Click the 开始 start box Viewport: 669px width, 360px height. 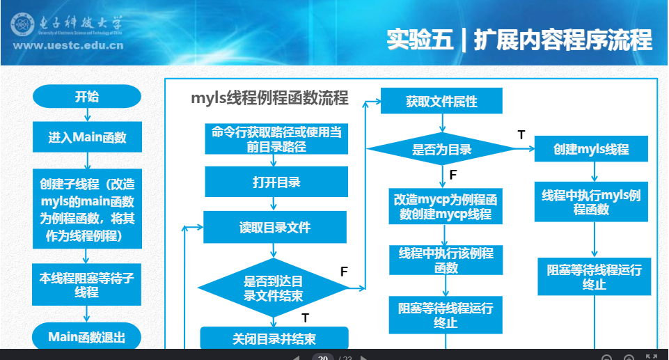pos(87,97)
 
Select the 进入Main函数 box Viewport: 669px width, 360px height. pos(87,137)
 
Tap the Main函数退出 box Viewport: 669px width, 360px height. pos(87,338)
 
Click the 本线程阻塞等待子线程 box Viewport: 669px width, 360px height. pos(87,285)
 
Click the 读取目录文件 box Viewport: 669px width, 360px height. pos(274,228)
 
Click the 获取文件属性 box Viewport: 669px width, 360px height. pos(441,102)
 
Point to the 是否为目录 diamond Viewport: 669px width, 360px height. pos(441,149)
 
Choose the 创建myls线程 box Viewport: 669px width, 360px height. pos(591,149)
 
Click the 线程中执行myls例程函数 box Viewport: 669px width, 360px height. pos(591,201)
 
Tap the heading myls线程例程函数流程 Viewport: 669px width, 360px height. pos(269,97)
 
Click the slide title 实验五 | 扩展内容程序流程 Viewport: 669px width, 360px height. pos(519,40)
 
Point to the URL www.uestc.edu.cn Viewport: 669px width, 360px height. pos(68,47)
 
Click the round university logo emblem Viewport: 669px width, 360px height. pos(23,25)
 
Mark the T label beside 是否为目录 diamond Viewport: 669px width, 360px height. pos(521,134)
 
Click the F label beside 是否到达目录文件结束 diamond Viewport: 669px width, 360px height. pos(344,272)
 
